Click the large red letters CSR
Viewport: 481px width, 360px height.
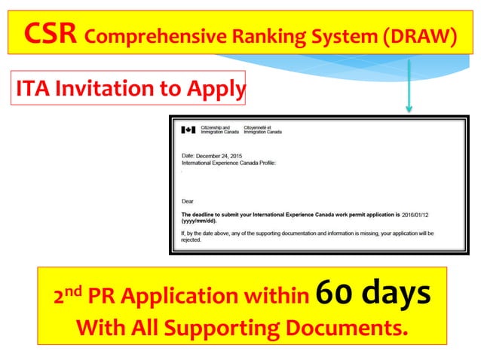51,32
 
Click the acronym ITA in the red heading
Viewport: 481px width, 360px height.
34,90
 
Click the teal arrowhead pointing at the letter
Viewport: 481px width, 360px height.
409,107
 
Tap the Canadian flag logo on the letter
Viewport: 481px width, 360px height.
188,130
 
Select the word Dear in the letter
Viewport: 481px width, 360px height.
188,201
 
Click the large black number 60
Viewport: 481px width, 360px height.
334,293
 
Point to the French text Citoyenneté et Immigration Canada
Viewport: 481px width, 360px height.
265,130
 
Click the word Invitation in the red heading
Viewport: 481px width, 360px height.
105,90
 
